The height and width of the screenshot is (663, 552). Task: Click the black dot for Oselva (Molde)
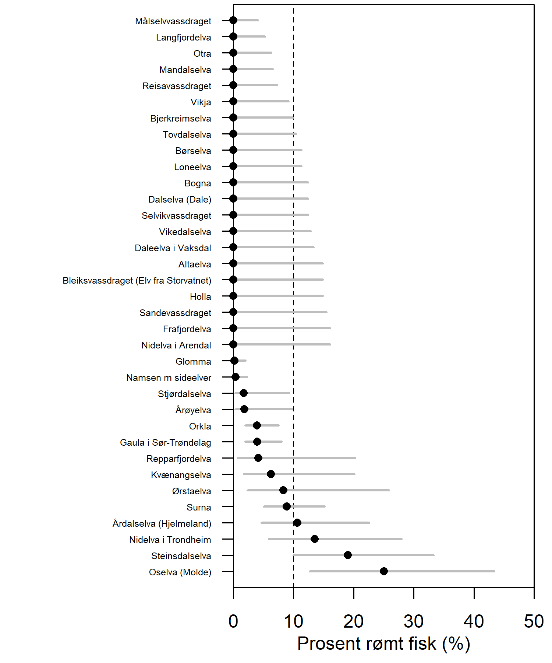[383, 571]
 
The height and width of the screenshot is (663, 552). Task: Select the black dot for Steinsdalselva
[347, 555]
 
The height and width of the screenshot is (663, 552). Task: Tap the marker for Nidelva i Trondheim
[314, 539]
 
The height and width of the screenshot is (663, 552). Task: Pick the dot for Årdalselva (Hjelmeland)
[297, 523]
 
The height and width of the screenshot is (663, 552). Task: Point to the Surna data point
[286, 506]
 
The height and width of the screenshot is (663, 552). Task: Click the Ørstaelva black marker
[283, 490]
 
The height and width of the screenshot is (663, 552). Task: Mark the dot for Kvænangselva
[270, 474]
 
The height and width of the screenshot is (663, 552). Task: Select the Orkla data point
[256, 425]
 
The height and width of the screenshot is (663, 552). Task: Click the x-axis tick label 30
[413, 622]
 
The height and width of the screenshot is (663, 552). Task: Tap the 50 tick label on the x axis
[534, 622]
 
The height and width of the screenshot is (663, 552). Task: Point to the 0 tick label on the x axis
[233, 622]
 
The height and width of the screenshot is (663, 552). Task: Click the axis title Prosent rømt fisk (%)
[383, 644]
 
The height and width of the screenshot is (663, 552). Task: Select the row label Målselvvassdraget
[173, 21]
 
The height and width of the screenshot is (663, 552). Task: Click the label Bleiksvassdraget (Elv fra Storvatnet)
[137, 281]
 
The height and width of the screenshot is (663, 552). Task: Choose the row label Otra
[202, 54]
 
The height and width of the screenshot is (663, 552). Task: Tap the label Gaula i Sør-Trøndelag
[165, 443]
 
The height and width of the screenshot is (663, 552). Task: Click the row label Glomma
[193, 362]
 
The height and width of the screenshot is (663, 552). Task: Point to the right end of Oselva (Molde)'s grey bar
[495, 571]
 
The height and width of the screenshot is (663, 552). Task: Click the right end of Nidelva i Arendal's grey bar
[330, 344]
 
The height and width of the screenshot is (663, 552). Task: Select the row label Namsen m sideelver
[169, 378]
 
